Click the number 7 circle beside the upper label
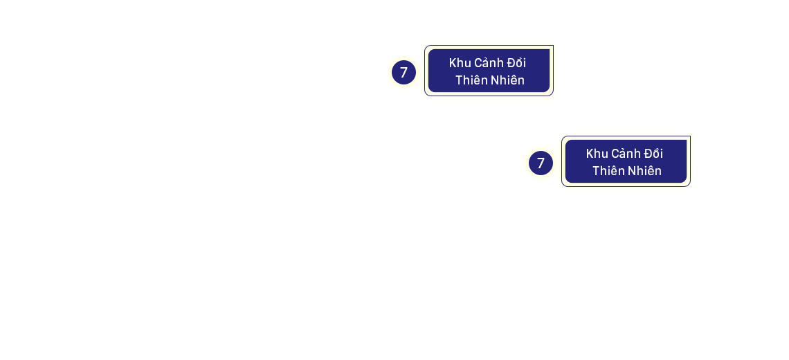tap(403, 72)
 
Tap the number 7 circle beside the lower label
tap(541, 163)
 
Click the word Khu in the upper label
tap(460, 63)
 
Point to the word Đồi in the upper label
tap(516, 63)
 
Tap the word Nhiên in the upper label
tap(508, 80)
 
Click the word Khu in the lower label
tap(597, 154)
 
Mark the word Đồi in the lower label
tap(653, 154)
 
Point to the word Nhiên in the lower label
tap(645, 170)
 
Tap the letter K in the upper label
tap(453, 63)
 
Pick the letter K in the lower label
tap(590, 154)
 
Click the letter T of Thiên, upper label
tap(459, 80)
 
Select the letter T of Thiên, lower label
tap(596, 170)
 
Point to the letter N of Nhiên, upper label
tap(494, 80)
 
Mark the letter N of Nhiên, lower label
tap(631, 170)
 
